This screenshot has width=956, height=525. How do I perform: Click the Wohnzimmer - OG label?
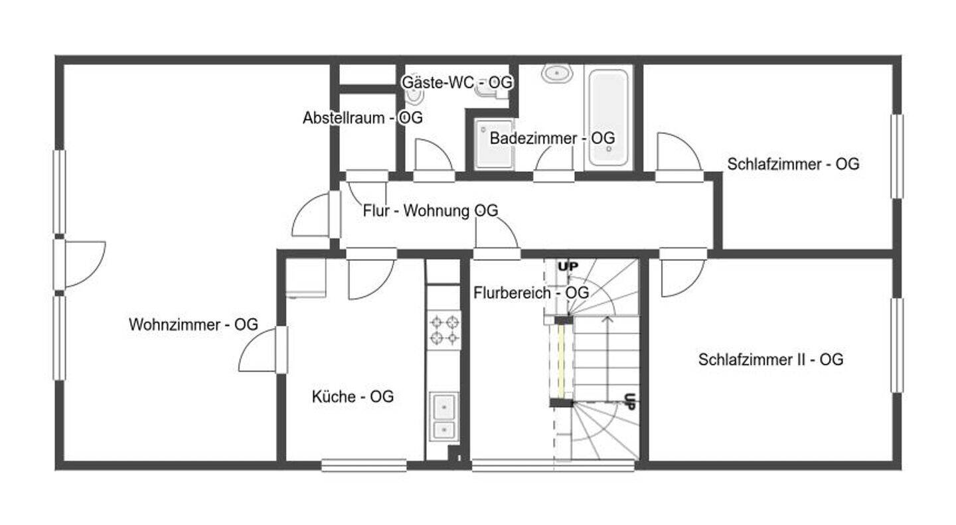193,325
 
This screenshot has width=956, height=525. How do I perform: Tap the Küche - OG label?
353,396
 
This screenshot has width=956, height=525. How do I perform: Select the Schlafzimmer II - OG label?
770,359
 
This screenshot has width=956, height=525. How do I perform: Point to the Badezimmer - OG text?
552,138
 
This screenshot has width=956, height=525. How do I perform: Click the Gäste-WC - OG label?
457,82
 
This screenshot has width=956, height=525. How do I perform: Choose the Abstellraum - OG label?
362,117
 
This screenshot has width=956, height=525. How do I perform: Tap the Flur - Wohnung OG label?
430,210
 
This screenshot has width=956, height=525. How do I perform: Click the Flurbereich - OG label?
531,293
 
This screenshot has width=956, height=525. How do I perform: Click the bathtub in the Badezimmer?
608,117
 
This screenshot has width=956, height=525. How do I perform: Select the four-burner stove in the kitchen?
444,330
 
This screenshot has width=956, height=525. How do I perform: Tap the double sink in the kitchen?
444,417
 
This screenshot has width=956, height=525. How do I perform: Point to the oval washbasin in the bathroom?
556,74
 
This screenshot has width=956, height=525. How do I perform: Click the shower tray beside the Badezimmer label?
494,144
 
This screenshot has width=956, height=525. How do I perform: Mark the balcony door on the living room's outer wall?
80,264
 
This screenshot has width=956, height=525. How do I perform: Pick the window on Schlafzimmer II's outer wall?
897,345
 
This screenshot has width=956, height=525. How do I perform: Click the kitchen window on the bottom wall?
364,465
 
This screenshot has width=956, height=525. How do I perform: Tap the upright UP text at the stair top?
568,266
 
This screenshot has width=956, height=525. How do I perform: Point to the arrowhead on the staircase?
607,319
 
